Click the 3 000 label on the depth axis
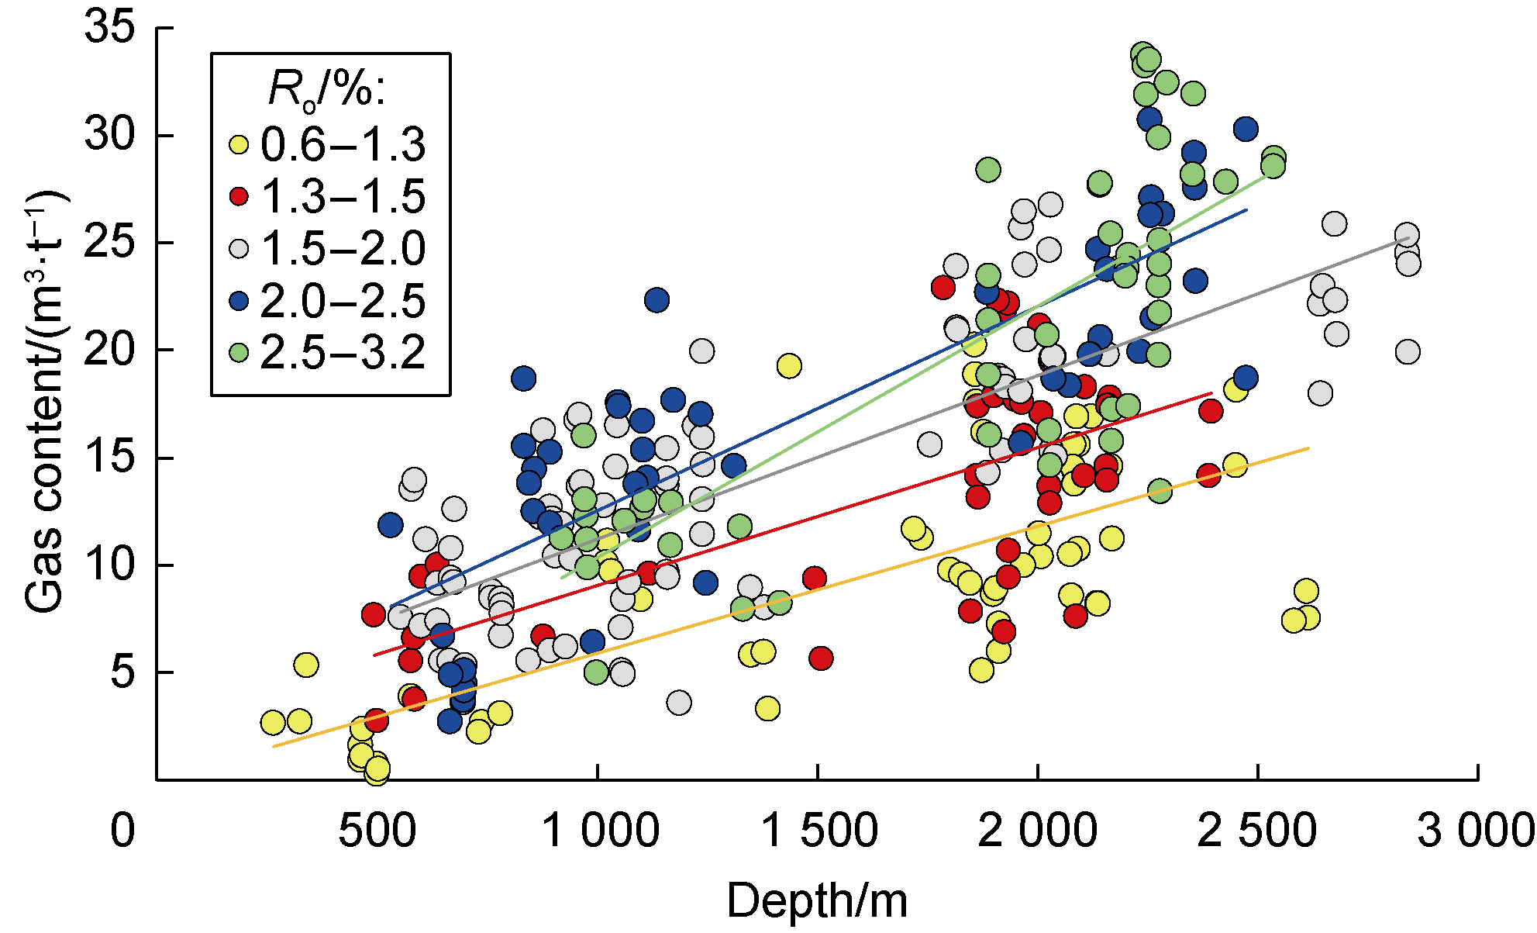point(1476,831)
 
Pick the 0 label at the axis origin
point(122,831)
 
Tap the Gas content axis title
point(45,403)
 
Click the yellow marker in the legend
point(240,145)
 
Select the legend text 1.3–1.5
point(343,196)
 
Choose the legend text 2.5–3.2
point(343,353)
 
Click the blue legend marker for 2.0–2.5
point(240,301)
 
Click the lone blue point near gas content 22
point(656,300)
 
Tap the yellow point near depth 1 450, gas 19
point(789,365)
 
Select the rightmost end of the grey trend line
point(1408,237)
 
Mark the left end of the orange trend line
point(274,747)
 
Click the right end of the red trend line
point(1211,393)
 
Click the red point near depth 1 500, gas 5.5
point(821,658)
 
